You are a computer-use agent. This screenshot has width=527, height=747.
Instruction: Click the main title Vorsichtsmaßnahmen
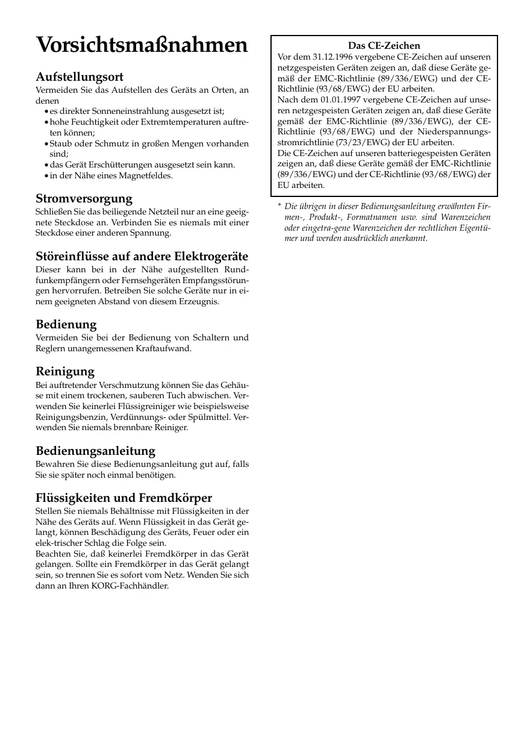[142, 46]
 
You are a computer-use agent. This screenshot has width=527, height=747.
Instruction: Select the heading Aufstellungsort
[80, 77]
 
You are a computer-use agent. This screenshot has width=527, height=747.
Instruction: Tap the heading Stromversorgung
[84, 198]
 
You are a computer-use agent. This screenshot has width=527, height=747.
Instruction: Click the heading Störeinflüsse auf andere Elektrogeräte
[142, 255]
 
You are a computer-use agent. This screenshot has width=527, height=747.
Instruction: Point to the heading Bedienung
[66, 324]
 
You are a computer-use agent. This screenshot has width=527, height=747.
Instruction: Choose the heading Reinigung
[65, 371]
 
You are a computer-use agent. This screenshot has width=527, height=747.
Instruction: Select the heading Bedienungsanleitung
[96, 451]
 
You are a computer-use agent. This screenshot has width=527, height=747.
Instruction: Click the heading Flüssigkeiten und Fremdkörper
[124, 498]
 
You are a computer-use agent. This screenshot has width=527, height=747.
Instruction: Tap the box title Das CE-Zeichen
[384, 45]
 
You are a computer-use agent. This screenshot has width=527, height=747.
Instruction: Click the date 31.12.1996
[333, 56]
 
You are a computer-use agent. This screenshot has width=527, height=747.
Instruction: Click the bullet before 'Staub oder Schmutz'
[46, 144]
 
